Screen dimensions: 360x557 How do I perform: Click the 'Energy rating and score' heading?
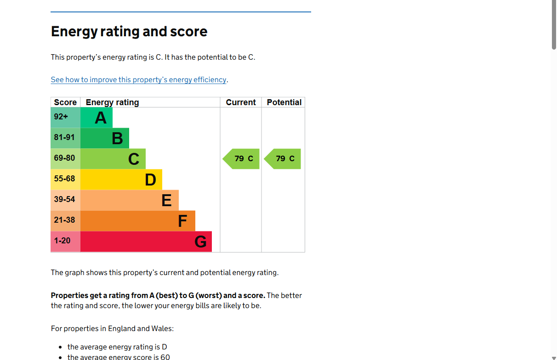129,32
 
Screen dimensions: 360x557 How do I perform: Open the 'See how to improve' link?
138,80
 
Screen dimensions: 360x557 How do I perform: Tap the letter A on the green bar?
101,118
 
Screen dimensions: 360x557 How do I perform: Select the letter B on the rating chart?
117,138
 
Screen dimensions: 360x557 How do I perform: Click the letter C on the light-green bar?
134,159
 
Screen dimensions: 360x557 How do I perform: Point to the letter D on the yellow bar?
150,180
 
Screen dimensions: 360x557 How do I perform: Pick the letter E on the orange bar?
166,200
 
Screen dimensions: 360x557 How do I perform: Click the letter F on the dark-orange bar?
182,221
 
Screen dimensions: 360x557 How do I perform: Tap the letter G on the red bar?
200,242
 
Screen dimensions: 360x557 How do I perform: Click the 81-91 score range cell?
64,138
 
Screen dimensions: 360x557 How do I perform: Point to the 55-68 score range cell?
64,179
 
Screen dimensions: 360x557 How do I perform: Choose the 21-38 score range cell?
64,220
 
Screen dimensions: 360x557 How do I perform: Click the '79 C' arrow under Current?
242,159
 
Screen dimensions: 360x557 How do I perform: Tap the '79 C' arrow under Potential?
284,159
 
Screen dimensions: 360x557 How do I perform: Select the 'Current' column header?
241,102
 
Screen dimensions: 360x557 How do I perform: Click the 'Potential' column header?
284,102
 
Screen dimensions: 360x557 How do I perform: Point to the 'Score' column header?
65,102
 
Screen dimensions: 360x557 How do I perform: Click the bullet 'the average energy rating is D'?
117,347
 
